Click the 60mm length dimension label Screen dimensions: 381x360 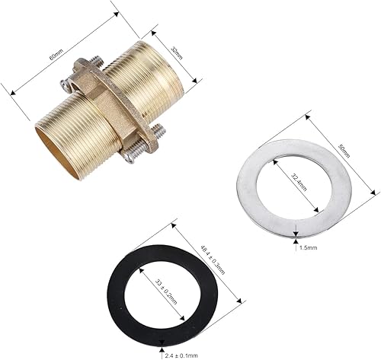coord(56,54)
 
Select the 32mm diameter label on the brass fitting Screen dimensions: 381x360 coord(177,53)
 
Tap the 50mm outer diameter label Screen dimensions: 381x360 coord(344,151)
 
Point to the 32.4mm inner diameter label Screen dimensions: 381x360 coord(299,183)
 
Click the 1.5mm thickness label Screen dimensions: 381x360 coord(309,247)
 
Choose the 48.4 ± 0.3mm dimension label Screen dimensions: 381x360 coord(213,260)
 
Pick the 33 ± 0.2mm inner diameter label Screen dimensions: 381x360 coord(166,292)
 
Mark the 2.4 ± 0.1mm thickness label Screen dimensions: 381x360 coord(181,355)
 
